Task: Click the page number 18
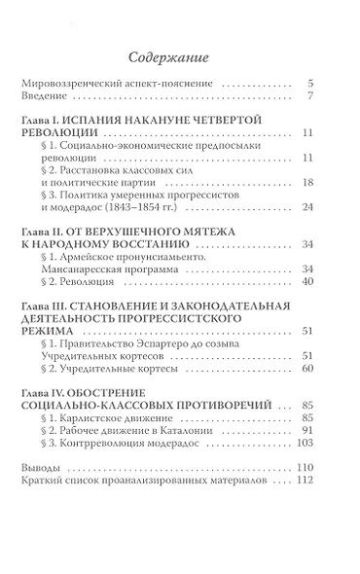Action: point(305,182)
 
